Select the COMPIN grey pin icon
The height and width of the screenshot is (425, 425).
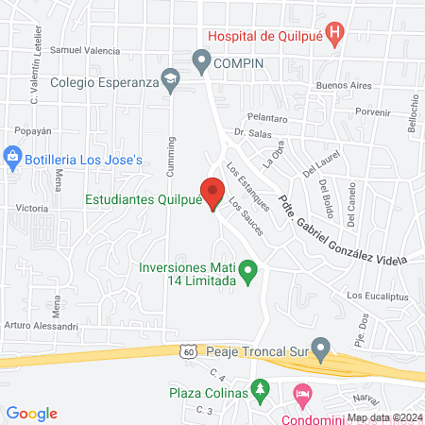tap(201, 62)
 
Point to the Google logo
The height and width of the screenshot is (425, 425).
tap(32, 413)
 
